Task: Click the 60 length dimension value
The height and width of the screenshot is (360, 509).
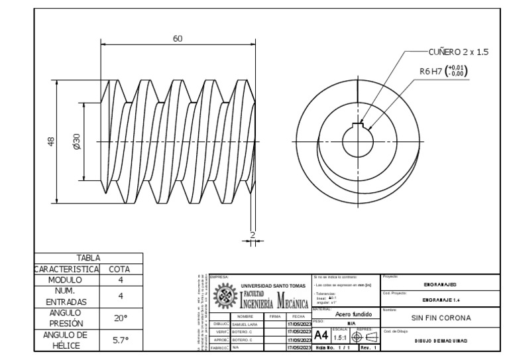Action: [x=178, y=39]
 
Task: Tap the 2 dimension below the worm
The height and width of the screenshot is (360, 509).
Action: [x=252, y=235]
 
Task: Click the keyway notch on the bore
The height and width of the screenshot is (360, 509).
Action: [x=359, y=125]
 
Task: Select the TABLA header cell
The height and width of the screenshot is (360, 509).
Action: [x=88, y=257]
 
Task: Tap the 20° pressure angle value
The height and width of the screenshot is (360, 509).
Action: [x=121, y=318]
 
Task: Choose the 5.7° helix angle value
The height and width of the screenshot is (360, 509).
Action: [x=121, y=340]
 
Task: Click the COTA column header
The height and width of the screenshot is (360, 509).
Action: [x=121, y=269]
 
